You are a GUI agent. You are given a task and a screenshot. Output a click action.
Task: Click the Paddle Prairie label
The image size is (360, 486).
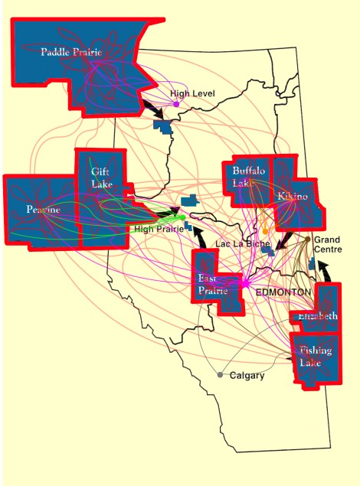pos(75,52)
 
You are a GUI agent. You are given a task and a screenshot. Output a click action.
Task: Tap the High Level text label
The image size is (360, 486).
pos(192,93)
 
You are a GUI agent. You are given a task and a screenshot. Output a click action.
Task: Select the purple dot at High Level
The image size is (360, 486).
pos(176,104)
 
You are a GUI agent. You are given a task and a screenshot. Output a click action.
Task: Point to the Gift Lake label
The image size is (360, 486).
pos(101,178)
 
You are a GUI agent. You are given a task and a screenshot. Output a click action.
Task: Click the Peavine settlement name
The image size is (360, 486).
pos(43,210)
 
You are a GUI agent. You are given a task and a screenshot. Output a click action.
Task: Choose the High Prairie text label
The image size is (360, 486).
pos(159,229)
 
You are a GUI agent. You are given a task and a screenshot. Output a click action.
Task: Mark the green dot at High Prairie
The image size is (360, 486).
pos(174,217)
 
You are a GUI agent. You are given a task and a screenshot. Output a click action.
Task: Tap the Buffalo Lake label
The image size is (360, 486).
pos(248,178)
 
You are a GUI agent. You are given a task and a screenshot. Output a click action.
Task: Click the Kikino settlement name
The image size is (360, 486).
pos(292,197)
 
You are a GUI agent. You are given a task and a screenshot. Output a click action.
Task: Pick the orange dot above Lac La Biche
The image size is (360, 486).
pos(265,230)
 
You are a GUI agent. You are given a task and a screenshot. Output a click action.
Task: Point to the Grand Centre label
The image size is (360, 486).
pos(327,245)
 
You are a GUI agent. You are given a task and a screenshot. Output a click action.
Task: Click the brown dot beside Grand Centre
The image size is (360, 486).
pos(307,240)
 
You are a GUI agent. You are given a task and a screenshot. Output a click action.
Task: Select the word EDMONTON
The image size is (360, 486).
pos(283,293)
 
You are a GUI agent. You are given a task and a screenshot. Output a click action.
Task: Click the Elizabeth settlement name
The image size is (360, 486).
pos(317,315)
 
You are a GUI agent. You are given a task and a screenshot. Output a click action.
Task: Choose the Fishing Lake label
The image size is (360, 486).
pos(316,357)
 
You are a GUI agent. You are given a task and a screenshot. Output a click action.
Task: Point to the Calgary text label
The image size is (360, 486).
pos(247,376)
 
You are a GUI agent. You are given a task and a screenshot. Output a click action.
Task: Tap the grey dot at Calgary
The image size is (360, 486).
pos(220,375)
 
